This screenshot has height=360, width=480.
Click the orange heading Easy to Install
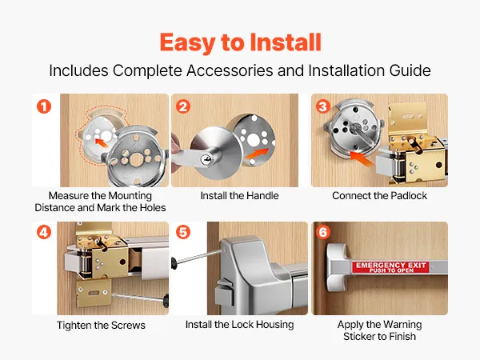pyautogui.click(x=240, y=43)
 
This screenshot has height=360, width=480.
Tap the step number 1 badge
pyautogui.click(x=44, y=106)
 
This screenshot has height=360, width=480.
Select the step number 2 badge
pyautogui.click(x=183, y=106)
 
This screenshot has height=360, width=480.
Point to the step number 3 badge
pyautogui.click(x=323, y=106)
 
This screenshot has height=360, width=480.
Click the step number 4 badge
pyautogui.click(x=44, y=232)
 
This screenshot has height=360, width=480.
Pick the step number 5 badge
pyautogui.click(x=183, y=232)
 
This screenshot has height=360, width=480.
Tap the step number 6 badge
pyautogui.click(x=323, y=232)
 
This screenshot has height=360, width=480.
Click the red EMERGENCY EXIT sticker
pyautogui.click(x=390, y=267)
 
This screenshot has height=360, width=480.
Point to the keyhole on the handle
pyautogui.click(x=205, y=159)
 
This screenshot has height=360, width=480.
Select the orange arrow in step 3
pyautogui.click(x=362, y=158)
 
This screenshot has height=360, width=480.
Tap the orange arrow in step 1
pyautogui.click(x=102, y=142)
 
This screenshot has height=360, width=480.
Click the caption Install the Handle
pyautogui.click(x=239, y=196)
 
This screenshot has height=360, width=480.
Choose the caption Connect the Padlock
pyautogui.click(x=379, y=196)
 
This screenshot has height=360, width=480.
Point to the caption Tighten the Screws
pyautogui.click(x=101, y=325)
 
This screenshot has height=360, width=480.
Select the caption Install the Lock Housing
pyautogui.click(x=239, y=325)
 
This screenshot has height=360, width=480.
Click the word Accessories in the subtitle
pyautogui.click(x=230, y=70)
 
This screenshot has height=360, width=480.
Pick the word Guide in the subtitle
pyautogui.click(x=410, y=70)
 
